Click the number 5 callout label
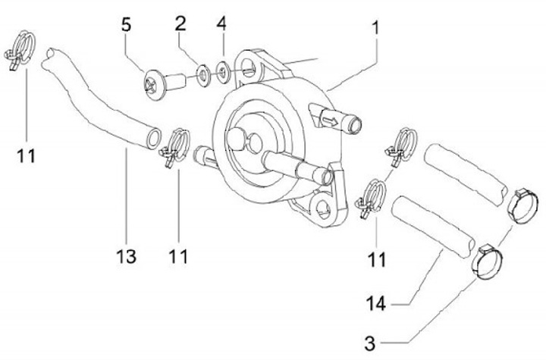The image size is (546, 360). coord(127,24)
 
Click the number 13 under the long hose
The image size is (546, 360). coord(127,257)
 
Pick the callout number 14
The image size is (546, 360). coord(378,305)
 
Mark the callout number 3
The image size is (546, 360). coord(370,343)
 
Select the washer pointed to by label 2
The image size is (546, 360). coord(203,76)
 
